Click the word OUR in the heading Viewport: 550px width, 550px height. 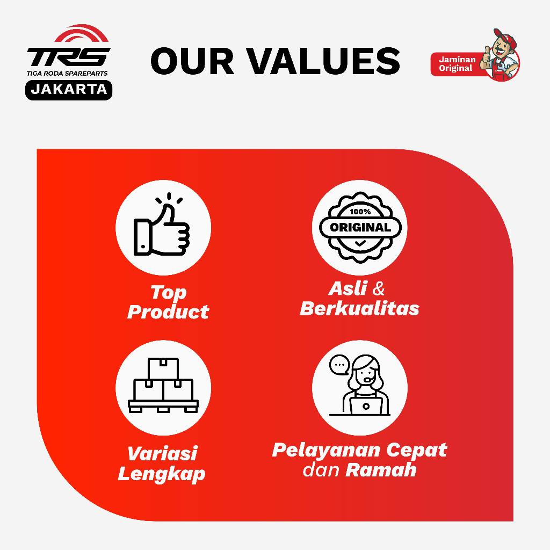point(192,61)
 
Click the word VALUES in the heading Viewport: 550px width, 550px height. point(324,61)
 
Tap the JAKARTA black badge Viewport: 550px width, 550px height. point(69,90)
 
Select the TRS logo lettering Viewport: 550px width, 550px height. point(68,57)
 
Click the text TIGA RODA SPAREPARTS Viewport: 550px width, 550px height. point(67,73)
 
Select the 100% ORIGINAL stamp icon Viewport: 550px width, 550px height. point(360,227)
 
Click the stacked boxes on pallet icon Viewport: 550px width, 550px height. point(163,385)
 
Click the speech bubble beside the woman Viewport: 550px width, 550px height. point(339,365)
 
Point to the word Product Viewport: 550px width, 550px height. point(168,312)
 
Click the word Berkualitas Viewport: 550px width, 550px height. point(359,309)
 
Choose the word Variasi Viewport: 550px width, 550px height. point(162,453)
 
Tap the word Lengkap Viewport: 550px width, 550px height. point(161,474)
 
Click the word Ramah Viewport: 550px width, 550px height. point(381,470)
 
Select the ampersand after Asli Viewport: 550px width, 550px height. point(379,288)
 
